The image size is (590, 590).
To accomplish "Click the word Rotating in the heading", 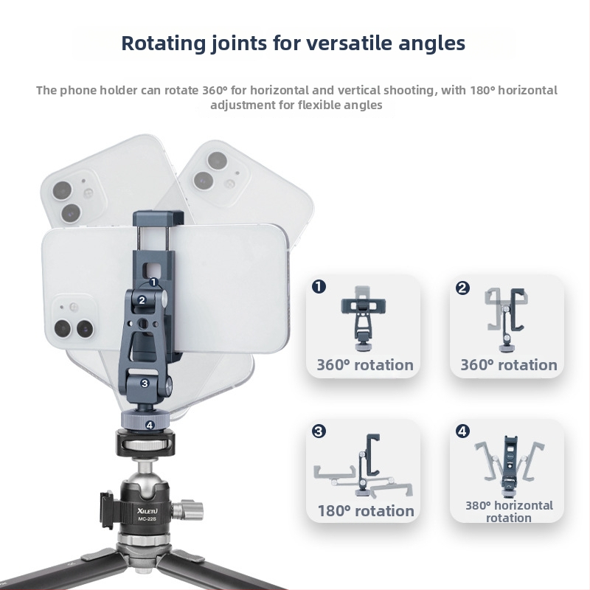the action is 163,44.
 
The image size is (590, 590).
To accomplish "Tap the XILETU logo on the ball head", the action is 147,510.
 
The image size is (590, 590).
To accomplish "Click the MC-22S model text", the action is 147,519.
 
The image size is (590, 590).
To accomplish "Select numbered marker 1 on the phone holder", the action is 153,282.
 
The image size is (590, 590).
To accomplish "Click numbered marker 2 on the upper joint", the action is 142,300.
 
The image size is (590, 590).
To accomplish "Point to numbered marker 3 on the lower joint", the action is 145,383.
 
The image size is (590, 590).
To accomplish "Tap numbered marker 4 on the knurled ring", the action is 150,426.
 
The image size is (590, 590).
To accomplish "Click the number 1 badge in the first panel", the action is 319,287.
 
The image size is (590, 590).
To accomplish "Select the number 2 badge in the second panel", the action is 462,288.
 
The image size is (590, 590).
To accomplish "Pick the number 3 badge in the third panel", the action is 319,431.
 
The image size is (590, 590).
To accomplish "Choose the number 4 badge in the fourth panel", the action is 462,431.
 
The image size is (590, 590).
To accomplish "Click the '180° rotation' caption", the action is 366,511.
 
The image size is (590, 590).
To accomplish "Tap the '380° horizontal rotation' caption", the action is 509,511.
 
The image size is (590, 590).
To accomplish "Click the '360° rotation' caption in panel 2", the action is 509,365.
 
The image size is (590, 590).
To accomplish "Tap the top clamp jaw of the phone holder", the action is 159,218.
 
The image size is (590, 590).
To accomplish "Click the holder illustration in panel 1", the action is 364,319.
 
